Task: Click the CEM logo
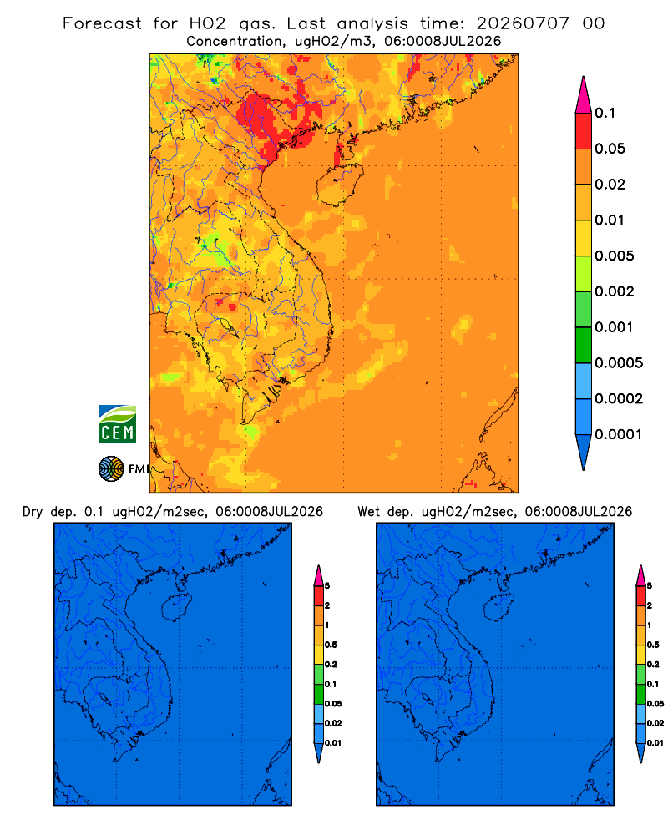coord(117,423)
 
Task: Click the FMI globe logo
coord(111,468)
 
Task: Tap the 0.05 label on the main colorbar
coord(610,149)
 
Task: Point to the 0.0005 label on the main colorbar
coord(619,363)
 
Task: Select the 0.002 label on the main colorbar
coord(615,291)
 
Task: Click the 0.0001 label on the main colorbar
coord(619,434)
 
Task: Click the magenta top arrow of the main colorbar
coord(584,95)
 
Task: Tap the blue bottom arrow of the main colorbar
coord(584,452)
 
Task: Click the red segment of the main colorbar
coord(584,130)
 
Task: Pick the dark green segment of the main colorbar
coord(584,345)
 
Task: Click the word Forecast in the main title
coord(102,23)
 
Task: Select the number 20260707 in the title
coord(523,23)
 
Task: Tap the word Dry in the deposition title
coord(33,512)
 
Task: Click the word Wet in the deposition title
coord(368,512)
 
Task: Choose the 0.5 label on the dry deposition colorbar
coord(331,645)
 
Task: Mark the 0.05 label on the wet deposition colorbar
coord(655,704)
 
